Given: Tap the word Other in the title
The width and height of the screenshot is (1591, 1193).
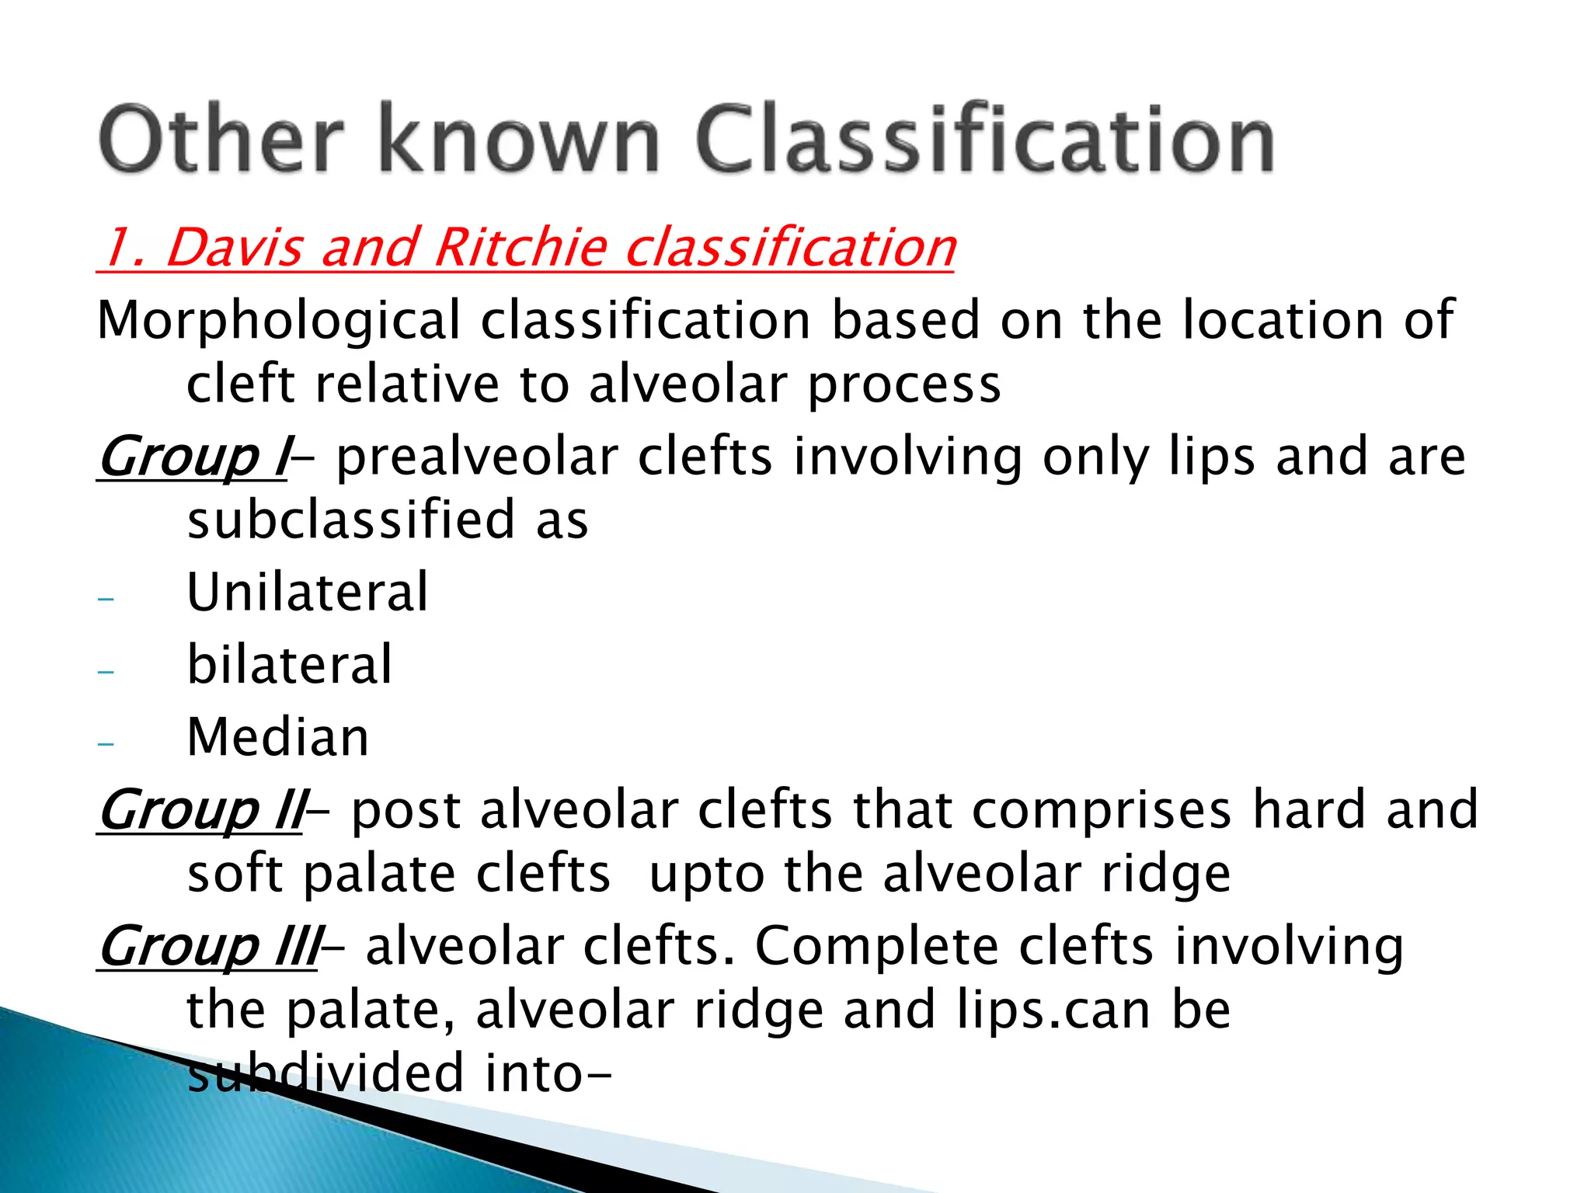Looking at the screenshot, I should tap(221, 140).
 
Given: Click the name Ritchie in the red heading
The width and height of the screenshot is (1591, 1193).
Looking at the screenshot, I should tap(520, 248).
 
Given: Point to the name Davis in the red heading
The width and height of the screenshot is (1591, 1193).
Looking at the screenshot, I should tap(234, 248).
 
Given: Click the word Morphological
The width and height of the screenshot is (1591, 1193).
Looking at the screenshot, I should tap(279, 322).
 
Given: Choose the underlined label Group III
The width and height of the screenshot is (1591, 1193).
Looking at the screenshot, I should tap(208, 947).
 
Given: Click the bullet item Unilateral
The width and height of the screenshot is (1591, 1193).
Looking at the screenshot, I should tap(308, 593).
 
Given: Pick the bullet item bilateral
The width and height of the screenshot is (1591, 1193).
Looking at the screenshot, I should tap(290, 666).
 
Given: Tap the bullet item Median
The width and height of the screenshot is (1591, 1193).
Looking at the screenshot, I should tap(278, 737).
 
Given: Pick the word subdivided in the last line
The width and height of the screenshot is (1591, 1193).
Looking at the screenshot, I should tap(326, 1073).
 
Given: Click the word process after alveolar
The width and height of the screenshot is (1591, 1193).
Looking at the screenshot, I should tap(904, 386).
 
